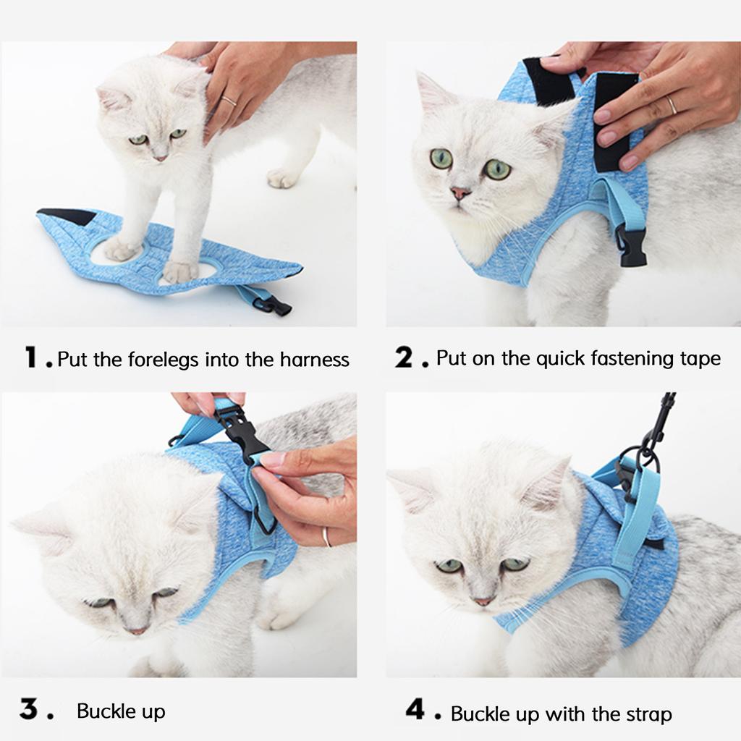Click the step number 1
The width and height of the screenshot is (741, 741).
click(31, 357)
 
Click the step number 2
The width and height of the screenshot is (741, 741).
click(403, 357)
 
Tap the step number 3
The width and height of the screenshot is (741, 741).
click(28, 710)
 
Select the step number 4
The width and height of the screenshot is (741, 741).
click(415, 710)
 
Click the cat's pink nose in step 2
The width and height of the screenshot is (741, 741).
click(460, 193)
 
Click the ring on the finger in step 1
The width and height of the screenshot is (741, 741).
click(229, 101)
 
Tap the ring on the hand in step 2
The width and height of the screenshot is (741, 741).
click(672, 105)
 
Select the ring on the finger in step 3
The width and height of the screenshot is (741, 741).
click(326, 537)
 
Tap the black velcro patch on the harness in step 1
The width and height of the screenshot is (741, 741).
click(69, 216)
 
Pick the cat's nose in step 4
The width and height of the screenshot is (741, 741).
click(481, 601)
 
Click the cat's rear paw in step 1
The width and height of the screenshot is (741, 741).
click(282, 177)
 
